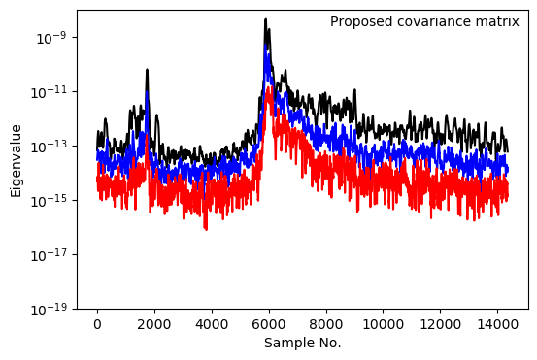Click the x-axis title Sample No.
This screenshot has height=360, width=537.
pyautogui.click(x=303, y=344)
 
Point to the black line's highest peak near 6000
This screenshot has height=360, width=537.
pyautogui.click(x=266, y=19)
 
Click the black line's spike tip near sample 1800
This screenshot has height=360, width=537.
pyautogui.click(x=147, y=70)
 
